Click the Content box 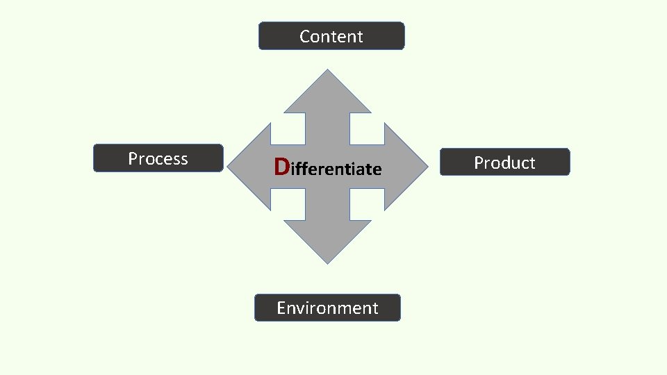click(x=331, y=36)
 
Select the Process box click(x=158, y=158)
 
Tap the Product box click(x=504, y=162)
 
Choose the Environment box click(x=327, y=308)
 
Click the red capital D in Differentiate click(x=281, y=167)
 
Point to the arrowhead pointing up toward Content click(x=327, y=94)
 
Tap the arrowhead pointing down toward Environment click(x=327, y=240)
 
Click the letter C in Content click(x=305, y=36)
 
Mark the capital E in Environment click(x=281, y=308)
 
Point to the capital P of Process click(x=133, y=158)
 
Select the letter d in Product click(x=500, y=162)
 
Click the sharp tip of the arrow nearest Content click(x=327, y=70)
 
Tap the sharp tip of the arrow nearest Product click(x=426, y=167)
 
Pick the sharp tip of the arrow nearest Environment click(x=327, y=262)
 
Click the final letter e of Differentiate click(x=377, y=169)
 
